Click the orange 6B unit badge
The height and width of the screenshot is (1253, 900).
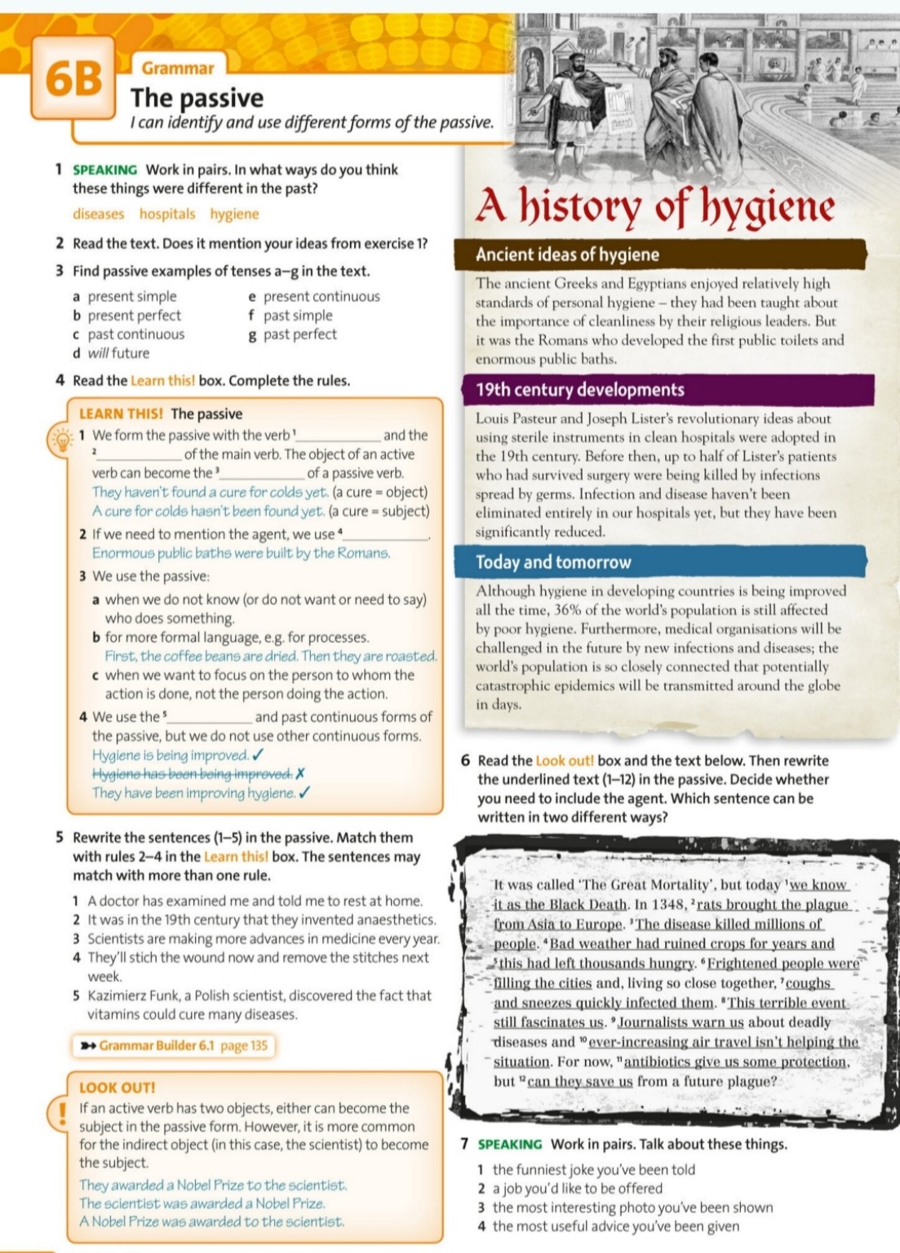pos(74,79)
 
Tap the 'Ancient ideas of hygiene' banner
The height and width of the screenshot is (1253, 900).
pos(568,255)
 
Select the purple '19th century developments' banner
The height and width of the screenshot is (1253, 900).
pos(580,390)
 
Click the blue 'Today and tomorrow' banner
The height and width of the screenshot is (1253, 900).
pos(554,562)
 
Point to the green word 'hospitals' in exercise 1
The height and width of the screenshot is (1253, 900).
pos(167,215)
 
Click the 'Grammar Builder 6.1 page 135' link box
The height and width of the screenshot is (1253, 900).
pos(173,1046)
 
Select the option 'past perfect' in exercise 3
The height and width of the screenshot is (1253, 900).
pos(299,334)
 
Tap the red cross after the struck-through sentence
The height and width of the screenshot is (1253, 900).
pos(300,774)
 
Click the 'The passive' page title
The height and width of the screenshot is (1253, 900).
pos(197,99)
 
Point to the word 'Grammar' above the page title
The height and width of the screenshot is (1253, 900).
pos(178,69)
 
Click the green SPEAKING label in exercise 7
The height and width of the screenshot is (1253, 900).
pos(510,1145)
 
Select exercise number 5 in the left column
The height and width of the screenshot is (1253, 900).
pos(60,838)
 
